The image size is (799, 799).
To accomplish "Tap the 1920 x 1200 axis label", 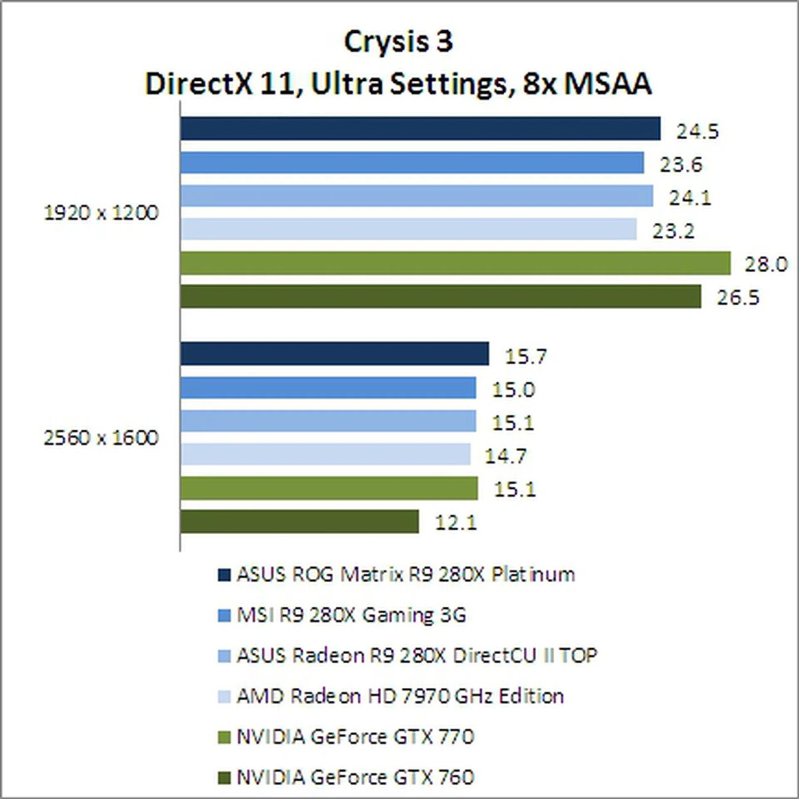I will click(x=101, y=213).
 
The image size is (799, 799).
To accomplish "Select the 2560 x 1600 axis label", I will click(x=101, y=438).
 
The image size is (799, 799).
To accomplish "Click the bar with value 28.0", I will click(x=455, y=263).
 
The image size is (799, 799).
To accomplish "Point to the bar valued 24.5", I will click(x=420, y=129).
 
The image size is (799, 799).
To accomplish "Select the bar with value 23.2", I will click(x=408, y=229).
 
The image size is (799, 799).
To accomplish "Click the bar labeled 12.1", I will click(x=300, y=521).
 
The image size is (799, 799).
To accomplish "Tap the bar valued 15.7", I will click(x=335, y=354).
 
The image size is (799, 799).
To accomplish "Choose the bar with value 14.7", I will click(x=325, y=454).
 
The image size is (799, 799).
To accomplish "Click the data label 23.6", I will click(x=681, y=165).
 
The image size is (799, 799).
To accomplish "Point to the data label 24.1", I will click(x=690, y=198).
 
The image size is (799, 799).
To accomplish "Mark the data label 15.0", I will click(x=513, y=390).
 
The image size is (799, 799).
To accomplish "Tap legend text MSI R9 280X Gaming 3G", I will click(x=351, y=615).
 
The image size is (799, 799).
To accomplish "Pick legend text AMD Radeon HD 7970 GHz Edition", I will click(x=400, y=696).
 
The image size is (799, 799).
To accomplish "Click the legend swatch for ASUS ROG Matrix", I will click(x=224, y=575).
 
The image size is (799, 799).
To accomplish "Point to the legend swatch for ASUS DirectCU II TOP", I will click(x=224, y=656).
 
